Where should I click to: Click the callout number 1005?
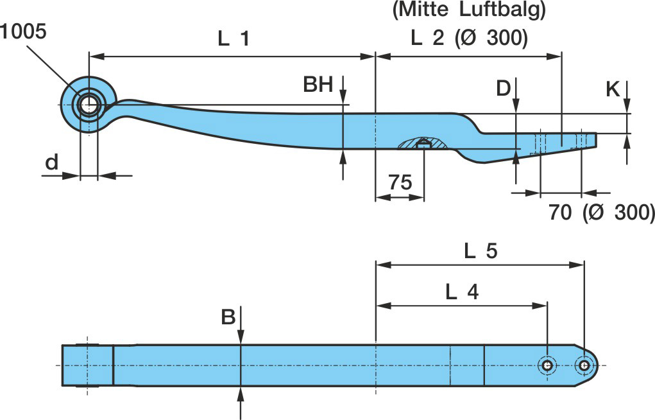pyautogui.click(x=23, y=31)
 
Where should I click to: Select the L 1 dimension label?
pyautogui.click(x=234, y=39)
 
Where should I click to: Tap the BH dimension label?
pyautogui.click(x=318, y=85)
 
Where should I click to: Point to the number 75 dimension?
pyautogui.click(x=400, y=182)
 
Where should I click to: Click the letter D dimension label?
pyautogui.click(x=504, y=88)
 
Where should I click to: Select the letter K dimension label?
pyautogui.click(x=613, y=89)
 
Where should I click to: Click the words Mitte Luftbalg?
pyautogui.click(x=469, y=10)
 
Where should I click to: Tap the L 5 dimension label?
pyautogui.click(x=481, y=251)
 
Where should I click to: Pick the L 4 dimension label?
pyautogui.click(x=462, y=292)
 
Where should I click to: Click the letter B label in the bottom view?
pyautogui.click(x=228, y=317)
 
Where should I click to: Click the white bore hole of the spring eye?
pyautogui.click(x=88, y=104)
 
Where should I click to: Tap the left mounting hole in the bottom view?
pyautogui.click(x=548, y=365)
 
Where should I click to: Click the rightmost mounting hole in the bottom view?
pyautogui.click(x=584, y=365)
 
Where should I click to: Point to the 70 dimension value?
pyautogui.click(x=560, y=212)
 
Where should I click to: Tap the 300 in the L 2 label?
pyautogui.click(x=507, y=39)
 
